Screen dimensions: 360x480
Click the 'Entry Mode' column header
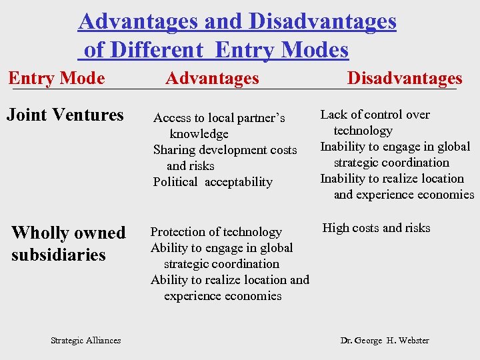pos(57,78)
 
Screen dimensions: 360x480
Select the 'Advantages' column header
pos(212,78)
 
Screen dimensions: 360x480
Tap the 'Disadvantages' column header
pos(405,78)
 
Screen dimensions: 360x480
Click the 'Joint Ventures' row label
pos(65,115)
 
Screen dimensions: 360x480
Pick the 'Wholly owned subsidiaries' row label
pos(68,243)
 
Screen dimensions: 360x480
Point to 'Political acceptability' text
pos(213,182)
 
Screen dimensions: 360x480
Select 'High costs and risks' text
pos(376,228)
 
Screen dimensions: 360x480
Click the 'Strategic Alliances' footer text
pos(86,340)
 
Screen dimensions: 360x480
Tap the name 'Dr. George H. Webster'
pos(385,340)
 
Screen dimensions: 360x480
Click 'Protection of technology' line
pos(216,232)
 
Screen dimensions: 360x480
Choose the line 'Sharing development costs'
pos(225,150)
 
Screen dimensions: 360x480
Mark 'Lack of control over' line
pos(375,115)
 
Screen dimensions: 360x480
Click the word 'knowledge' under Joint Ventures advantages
pos(199,134)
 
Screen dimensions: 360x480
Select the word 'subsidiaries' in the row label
pos(59,255)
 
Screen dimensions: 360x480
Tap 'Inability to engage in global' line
pos(395,147)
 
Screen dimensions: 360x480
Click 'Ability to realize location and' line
pos(230,280)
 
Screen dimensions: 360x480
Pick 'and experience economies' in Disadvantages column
pos(403,195)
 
